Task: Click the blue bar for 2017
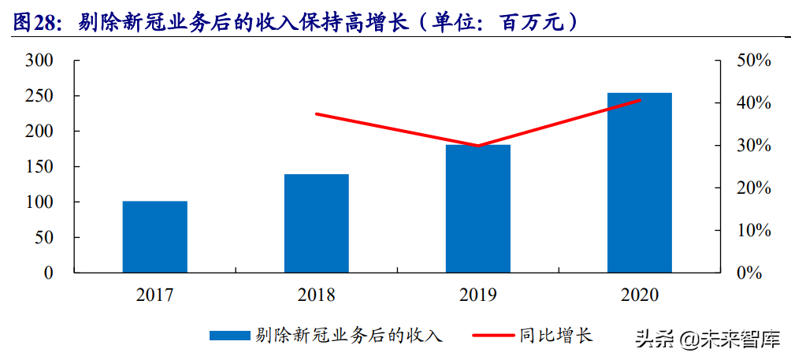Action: (155, 236)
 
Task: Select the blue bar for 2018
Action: (316, 223)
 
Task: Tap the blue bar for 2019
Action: (477, 209)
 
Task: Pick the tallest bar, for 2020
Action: (639, 183)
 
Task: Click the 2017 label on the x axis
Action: (154, 295)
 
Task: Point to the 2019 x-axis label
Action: (477, 295)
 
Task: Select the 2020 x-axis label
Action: (639, 295)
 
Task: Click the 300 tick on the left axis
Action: (39, 61)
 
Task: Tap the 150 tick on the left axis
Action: (39, 167)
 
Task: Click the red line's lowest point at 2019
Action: (477, 146)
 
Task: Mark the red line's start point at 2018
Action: (316, 114)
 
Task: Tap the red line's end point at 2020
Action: (639, 100)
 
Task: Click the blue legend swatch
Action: (228, 336)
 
